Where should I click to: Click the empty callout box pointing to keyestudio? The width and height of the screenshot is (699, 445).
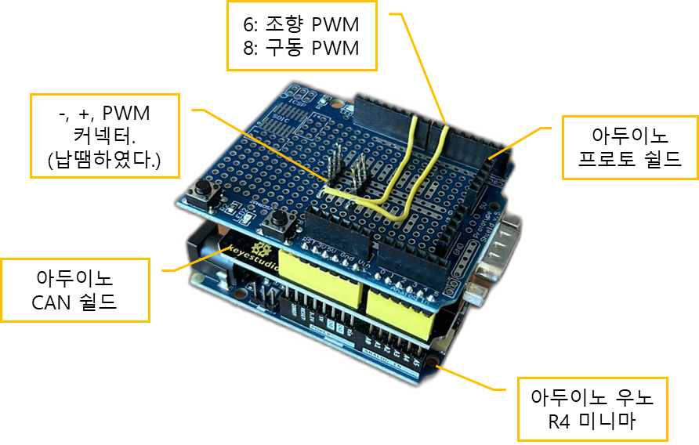click(x=75, y=290)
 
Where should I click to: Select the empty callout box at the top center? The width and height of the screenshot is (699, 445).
click(x=302, y=36)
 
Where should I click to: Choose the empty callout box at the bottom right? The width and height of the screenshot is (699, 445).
click(x=592, y=409)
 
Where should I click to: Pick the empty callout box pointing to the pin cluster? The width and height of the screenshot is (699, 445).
click(x=105, y=136)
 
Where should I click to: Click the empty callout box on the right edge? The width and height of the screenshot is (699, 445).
click(x=629, y=147)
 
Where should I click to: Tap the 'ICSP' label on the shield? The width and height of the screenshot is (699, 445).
click(x=298, y=102)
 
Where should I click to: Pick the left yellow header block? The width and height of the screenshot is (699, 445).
click(x=321, y=281)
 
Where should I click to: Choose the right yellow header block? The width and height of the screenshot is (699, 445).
click(x=400, y=309)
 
